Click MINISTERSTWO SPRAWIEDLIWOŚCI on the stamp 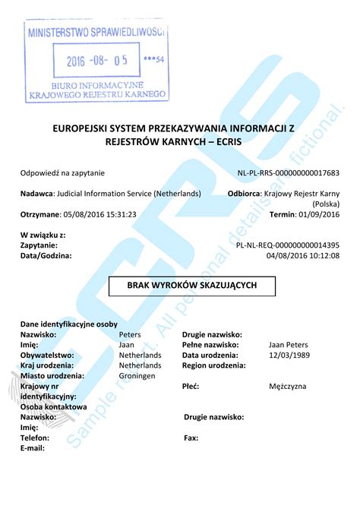pos(96,33)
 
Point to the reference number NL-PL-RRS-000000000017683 pos(288,173)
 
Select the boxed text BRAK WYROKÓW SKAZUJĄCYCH pos(191,285)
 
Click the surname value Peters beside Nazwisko pos(131,334)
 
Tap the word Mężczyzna pos(288,386)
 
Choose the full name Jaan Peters pos(288,345)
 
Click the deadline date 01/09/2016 pos(317,215)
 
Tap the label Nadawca pos(36,194)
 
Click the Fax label pos(191,438)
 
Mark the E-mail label pos(33,448)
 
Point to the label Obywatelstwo pos(47,355)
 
